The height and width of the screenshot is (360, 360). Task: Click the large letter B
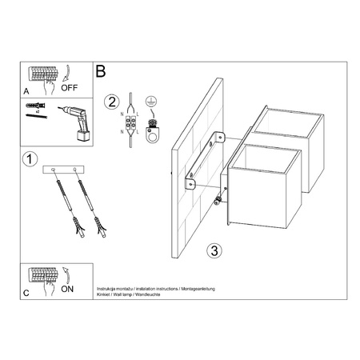(101, 71)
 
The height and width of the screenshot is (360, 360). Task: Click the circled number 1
(30, 158)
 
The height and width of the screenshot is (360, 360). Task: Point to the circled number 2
(113, 101)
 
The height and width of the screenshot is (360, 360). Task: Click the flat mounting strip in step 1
(62, 170)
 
